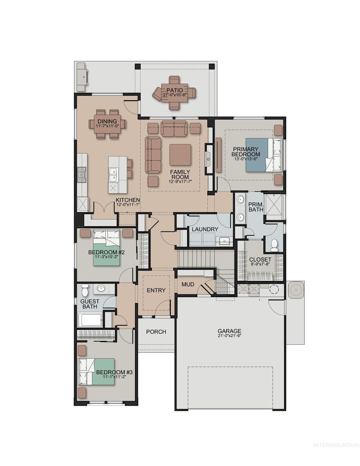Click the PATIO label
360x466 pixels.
tap(175, 90)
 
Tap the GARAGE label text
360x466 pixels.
tap(229, 331)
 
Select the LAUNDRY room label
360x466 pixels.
tap(205, 229)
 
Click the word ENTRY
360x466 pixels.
tap(156, 290)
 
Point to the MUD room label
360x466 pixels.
tap(188, 284)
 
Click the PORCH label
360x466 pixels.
tap(156, 332)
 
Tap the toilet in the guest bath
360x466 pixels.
tap(84, 290)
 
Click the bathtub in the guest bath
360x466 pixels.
tap(90, 320)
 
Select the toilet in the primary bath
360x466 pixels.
tap(275, 245)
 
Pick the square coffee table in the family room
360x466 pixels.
tap(180, 155)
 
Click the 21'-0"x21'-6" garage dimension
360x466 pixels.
tap(229, 336)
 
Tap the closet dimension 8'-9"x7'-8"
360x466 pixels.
tap(260, 264)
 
